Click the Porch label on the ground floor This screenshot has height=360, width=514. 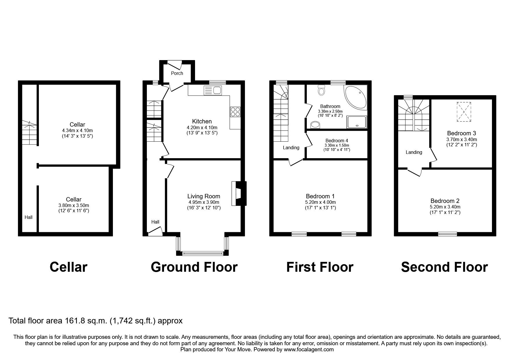click(x=177, y=73)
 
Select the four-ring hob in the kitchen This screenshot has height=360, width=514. click(x=235, y=111)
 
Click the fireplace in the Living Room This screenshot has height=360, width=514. click(x=239, y=194)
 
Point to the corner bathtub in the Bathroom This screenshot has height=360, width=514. click(x=356, y=97)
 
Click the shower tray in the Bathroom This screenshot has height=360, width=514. click(x=357, y=122)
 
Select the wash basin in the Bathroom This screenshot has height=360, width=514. click(x=315, y=125)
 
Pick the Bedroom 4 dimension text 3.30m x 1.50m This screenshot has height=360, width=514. click(x=337, y=145)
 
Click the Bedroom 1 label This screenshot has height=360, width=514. click(x=320, y=197)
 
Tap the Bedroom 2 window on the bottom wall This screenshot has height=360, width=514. click(x=447, y=233)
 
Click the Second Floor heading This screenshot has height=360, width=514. click(x=444, y=267)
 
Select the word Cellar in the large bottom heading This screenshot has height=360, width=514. click(x=68, y=267)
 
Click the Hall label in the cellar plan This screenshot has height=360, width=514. click(x=28, y=217)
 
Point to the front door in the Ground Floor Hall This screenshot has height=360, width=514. click(x=155, y=231)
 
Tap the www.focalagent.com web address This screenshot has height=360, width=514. click(x=309, y=350)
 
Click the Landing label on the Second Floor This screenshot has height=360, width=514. click(x=414, y=152)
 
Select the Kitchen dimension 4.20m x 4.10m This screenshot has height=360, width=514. click(x=202, y=127)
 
